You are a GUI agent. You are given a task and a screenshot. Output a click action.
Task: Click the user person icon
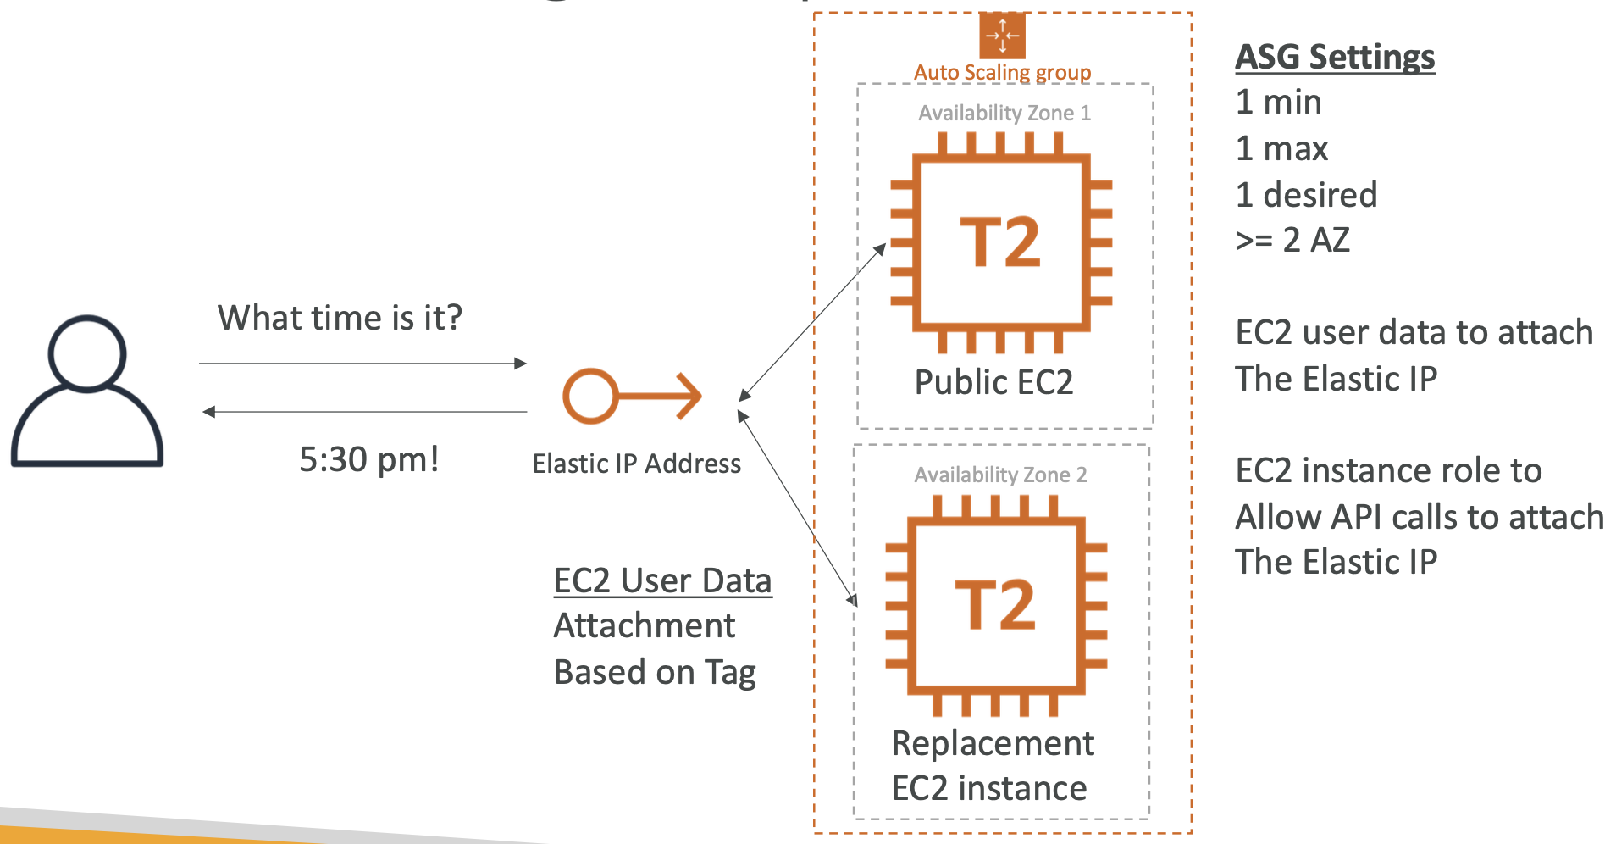click(87, 391)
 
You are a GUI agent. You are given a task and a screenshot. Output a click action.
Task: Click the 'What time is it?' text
click(340, 319)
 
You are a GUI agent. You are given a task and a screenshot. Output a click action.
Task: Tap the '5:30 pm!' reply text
click(369, 460)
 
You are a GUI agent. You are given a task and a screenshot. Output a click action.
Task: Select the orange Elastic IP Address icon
click(631, 396)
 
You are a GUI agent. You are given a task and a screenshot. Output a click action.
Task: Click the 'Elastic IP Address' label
click(636, 464)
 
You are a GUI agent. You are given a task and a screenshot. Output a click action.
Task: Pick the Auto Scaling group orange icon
click(1002, 36)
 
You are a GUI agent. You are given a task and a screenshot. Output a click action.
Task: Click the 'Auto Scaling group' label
click(1002, 73)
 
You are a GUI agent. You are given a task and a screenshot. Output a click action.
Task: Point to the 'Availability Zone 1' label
click(1004, 114)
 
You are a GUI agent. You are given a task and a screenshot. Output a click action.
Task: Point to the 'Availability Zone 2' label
click(1000, 475)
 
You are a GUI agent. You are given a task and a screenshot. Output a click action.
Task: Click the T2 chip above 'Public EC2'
click(1001, 242)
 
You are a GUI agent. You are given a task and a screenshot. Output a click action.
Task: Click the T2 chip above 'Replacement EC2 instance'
click(996, 605)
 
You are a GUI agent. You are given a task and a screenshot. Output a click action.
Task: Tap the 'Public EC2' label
click(993, 383)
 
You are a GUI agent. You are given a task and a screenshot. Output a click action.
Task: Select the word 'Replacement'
click(993, 744)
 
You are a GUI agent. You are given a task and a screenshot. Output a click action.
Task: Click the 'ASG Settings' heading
click(1335, 58)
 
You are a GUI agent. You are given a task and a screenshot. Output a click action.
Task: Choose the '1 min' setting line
click(1278, 103)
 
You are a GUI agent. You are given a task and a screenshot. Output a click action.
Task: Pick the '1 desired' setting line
click(1306, 196)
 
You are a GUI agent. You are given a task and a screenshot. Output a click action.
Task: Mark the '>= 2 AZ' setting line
click(1292, 241)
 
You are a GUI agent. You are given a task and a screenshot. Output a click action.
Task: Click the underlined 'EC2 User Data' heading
click(662, 581)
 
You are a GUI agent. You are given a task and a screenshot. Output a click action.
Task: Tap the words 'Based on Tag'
click(655, 673)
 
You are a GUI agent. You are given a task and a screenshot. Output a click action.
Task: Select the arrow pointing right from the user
click(362, 364)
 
